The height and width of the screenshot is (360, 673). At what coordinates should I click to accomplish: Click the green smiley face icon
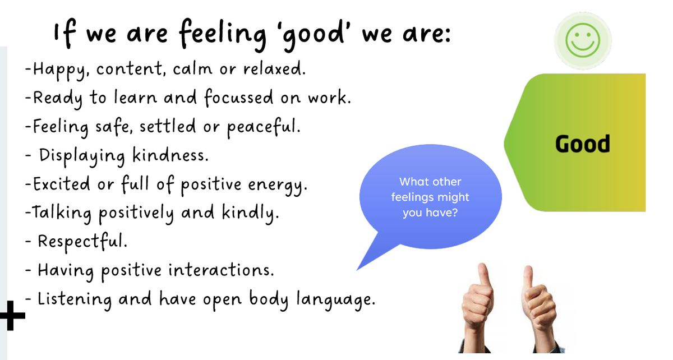[583, 40]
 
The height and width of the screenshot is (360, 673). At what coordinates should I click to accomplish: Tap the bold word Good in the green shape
[583, 144]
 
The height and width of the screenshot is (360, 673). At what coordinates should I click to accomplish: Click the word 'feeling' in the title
[223, 35]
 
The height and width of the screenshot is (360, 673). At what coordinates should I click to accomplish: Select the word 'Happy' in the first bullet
[59, 70]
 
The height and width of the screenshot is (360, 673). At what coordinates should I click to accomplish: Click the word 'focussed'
[239, 98]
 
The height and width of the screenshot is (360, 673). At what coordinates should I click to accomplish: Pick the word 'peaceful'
[262, 127]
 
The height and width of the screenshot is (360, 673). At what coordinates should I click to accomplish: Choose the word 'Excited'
[61, 183]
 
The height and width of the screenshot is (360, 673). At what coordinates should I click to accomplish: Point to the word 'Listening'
[74, 299]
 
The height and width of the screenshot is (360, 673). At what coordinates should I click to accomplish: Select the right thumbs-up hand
[540, 310]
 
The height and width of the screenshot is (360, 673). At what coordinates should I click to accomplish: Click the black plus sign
[12, 316]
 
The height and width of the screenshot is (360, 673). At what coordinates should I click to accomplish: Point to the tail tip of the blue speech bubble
[357, 270]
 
